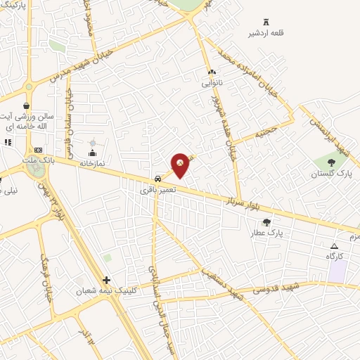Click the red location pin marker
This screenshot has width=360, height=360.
pyautogui.click(x=180, y=164)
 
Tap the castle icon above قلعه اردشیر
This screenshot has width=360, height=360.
pyautogui.click(x=266, y=22)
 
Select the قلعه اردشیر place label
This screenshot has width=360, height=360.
pyautogui.click(x=266, y=32)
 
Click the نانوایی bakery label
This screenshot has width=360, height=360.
pyautogui.click(x=212, y=83)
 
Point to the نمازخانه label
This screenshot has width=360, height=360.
pyautogui.click(x=91, y=162)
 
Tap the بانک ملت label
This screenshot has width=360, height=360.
pyautogui.click(x=38, y=160)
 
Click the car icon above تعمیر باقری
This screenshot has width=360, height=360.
pyautogui.click(x=158, y=179)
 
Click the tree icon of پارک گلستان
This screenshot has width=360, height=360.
pyautogui.click(x=331, y=162)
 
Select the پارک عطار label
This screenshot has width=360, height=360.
pyautogui.click(x=265, y=231)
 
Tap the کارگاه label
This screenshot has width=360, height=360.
pyautogui.click(x=334, y=256)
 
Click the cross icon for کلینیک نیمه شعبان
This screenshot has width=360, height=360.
pyautogui.click(x=106, y=280)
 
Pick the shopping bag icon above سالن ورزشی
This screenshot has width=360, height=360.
pyautogui.click(x=27, y=105)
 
